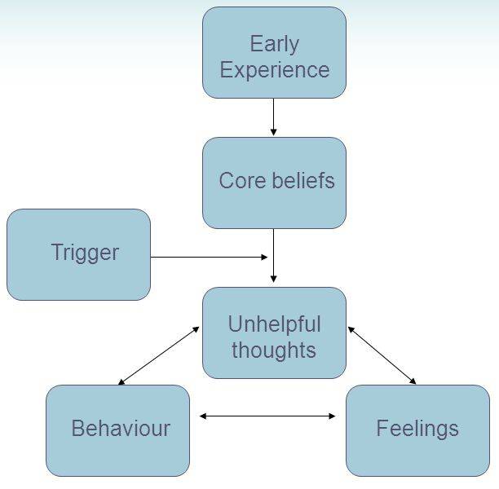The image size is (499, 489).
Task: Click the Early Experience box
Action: pos(274,53)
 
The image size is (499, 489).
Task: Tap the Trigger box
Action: pos(78,254)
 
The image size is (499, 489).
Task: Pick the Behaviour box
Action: pos(117,430)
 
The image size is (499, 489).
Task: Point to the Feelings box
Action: pos(417,430)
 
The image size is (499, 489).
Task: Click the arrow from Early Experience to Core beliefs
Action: pos(274,117)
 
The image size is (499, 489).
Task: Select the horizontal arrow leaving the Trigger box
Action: pos(208,258)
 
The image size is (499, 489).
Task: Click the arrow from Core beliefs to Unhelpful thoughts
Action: pos(274,256)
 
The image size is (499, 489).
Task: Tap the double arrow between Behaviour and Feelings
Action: pos(267,416)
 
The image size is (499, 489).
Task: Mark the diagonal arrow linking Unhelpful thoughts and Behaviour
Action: pos(159,355)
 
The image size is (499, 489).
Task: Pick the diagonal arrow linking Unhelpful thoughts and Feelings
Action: pos(382,355)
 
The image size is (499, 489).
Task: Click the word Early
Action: pos(274,43)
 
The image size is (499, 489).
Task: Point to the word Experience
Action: pos(274,70)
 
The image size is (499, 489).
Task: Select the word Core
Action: pos(241,180)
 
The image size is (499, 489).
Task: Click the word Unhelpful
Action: pos(274,324)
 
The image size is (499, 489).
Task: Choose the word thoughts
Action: pos(274,350)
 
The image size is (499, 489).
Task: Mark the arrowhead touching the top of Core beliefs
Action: pos(274,132)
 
